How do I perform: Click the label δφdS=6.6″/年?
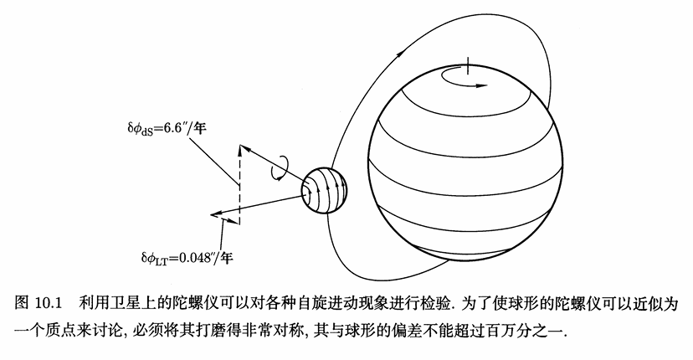click(x=167, y=129)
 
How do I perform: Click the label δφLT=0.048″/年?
click(x=187, y=257)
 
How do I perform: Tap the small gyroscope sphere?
click(x=324, y=190)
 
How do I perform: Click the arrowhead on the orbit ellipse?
click(x=400, y=54)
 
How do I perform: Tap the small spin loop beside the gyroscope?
click(x=280, y=168)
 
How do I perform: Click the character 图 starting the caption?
click(x=22, y=304)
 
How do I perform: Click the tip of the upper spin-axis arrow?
click(x=239, y=146)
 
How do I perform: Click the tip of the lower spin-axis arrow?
click(x=212, y=215)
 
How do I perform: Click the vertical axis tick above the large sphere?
click(x=468, y=66)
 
